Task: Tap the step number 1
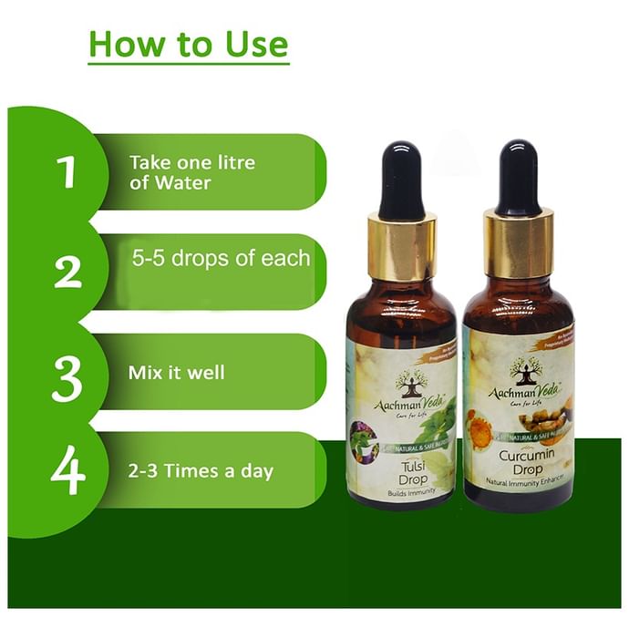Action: [x=67, y=170]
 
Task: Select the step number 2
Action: [x=67, y=271]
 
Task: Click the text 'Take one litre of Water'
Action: [x=191, y=172]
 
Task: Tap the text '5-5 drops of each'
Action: [x=221, y=258]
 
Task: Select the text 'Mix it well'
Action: [x=176, y=374]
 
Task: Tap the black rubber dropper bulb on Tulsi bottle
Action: [x=402, y=179]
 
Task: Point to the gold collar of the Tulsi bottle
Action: [x=402, y=246]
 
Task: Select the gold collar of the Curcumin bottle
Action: [x=518, y=243]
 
